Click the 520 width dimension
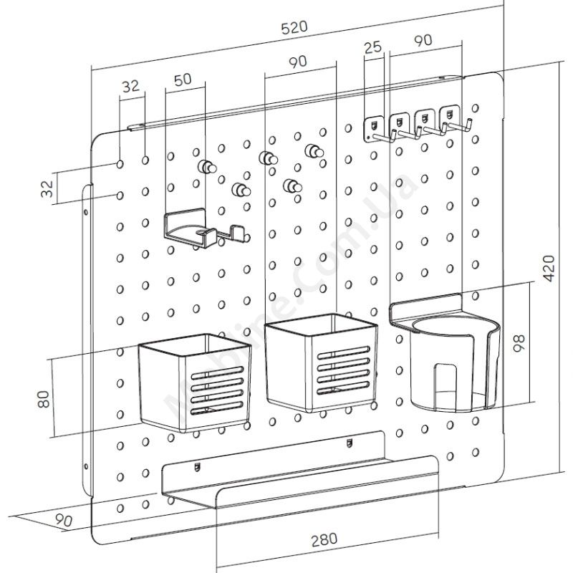(294, 28)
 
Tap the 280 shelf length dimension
(324, 537)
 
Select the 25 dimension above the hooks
(372, 48)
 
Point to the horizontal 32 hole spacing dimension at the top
(130, 86)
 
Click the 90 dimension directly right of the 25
(423, 41)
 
